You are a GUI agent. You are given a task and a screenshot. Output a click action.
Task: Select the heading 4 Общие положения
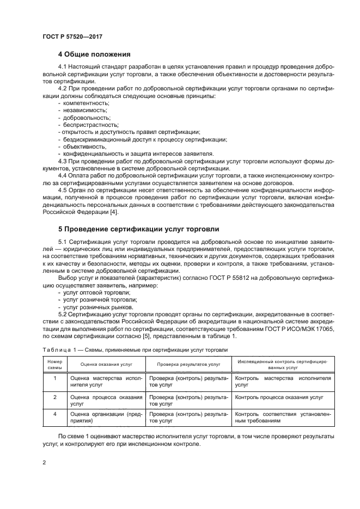coord(94,54)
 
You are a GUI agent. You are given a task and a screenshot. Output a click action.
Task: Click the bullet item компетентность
coord(86,103)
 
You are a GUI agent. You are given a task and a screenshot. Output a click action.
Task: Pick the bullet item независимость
coord(85,110)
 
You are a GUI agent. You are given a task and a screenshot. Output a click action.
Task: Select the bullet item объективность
coord(84,146)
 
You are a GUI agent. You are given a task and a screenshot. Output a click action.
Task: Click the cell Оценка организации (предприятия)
coord(106,417)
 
